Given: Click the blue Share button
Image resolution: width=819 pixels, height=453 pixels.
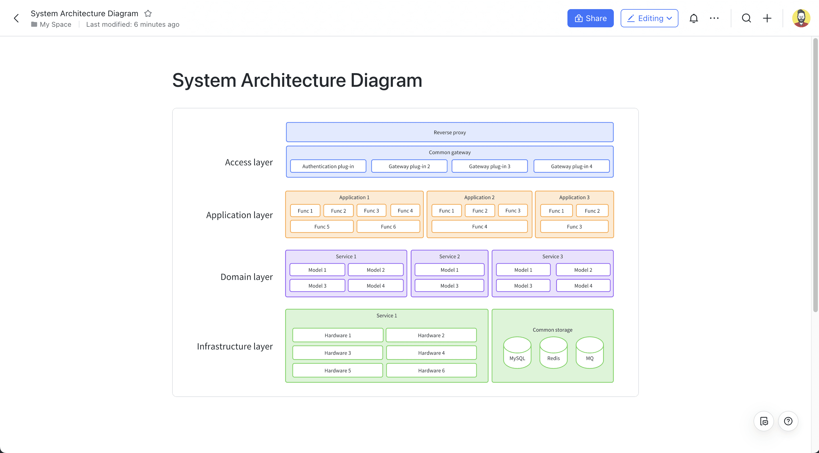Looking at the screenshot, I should (x=590, y=18).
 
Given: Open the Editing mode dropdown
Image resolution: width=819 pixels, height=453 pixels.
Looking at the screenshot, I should (x=649, y=18).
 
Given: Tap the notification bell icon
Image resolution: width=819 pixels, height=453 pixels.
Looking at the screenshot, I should (x=694, y=18).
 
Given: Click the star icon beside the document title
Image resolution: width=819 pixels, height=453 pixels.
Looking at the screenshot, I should (x=148, y=13).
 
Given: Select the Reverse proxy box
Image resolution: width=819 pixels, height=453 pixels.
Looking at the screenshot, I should (x=449, y=132).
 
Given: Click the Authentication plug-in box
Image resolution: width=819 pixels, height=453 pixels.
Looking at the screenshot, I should (x=328, y=166).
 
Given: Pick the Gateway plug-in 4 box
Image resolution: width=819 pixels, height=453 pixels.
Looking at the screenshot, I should (x=571, y=166).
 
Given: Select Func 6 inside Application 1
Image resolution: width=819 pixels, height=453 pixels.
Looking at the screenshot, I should (x=388, y=226).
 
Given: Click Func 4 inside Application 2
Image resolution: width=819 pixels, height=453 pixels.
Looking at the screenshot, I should (x=479, y=226).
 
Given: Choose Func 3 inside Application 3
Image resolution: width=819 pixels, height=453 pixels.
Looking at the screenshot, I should (x=574, y=226).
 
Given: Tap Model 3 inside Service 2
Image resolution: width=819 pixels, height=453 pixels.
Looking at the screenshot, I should (x=449, y=285).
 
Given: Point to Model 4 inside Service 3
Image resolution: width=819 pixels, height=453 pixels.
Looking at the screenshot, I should (x=583, y=285).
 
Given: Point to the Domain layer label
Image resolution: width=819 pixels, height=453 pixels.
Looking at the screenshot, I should (x=246, y=277).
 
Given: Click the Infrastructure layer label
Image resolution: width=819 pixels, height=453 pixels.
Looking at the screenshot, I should (x=235, y=346).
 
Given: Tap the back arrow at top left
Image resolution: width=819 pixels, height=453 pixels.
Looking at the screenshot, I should (x=17, y=18).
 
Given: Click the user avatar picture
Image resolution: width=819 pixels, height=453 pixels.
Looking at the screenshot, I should (x=801, y=18).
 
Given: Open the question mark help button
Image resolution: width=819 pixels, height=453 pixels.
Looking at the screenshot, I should (x=788, y=421).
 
